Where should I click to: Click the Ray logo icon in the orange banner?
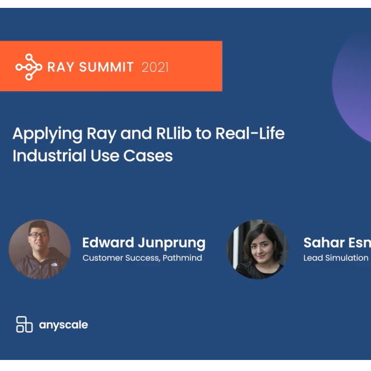[x=28, y=67]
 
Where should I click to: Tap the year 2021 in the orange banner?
[x=155, y=67]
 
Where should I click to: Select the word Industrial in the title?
[x=44, y=156]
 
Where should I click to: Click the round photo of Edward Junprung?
[x=40, y=250]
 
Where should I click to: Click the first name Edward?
[x=107, y=243]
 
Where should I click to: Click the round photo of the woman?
[x=257, y=250]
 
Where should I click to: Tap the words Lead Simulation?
[x=336, y=258]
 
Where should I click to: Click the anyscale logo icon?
[x=24, y=324]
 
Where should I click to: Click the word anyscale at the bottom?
[x=64, y=325]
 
